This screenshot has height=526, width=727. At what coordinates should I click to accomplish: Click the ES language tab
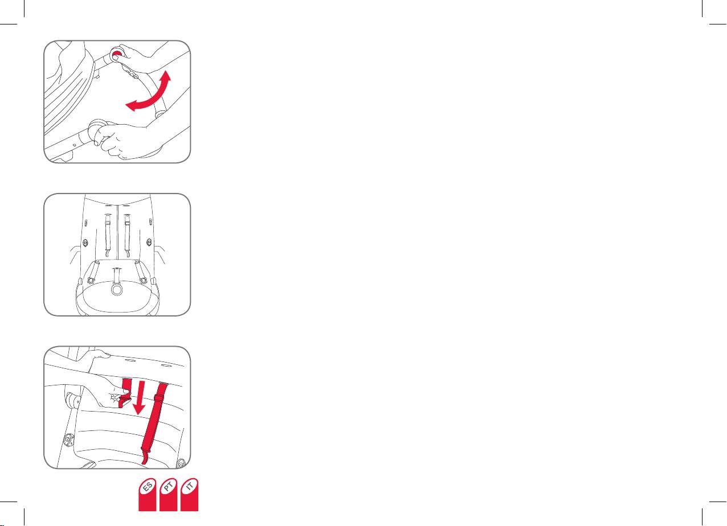tap(148, 495)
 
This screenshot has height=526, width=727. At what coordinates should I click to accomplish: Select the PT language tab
tap(168, 495)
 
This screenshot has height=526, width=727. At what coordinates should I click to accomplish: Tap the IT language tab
tap(189, 495)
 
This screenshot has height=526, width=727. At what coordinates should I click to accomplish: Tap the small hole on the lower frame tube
tap(74, 145)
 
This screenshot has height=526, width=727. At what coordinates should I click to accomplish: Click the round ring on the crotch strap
tap(117, 288)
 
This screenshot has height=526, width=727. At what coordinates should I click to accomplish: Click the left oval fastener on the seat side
tap(85, 243)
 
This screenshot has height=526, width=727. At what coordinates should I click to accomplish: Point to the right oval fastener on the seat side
tap(149, 242)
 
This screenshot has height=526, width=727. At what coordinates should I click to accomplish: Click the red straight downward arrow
tap(140, 398)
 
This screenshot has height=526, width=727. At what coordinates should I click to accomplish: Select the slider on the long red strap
tap(160, 397)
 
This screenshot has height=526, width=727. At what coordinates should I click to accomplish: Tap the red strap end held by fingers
tap(124, 392)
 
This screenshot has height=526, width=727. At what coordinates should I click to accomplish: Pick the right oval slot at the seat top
tap(166, 365)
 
